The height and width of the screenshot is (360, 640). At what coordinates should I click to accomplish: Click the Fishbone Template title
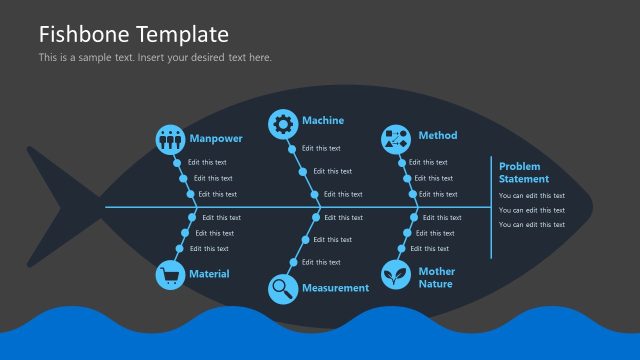[133, 35]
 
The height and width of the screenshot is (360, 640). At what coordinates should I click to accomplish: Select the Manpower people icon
[171, 139]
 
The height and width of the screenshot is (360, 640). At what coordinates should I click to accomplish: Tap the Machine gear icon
[283, 124]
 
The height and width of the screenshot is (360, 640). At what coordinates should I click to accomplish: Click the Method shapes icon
[396, 139]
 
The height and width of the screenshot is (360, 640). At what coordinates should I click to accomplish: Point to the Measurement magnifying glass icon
[283, 289]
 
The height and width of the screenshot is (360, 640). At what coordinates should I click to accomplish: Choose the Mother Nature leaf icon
[396, 274]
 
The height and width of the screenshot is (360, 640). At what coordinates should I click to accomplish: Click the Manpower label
[215, 138]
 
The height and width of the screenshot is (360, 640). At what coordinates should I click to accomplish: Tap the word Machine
[323, 121]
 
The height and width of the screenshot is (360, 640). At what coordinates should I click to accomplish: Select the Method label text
[438, 136]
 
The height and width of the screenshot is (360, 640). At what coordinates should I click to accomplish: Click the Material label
[209, 274]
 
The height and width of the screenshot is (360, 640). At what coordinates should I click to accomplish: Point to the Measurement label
[335, 288]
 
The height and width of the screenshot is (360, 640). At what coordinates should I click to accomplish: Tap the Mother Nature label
[437, 277]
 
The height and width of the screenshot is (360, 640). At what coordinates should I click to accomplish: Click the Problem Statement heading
[524, 172]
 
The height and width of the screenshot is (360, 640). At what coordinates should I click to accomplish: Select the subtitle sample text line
[155, 57]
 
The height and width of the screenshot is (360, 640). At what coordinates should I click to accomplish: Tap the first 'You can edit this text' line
[532, 196]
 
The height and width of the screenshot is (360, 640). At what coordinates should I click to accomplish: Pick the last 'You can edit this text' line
[532, 225]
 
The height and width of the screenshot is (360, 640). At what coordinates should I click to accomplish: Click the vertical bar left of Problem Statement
[491, 208]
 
